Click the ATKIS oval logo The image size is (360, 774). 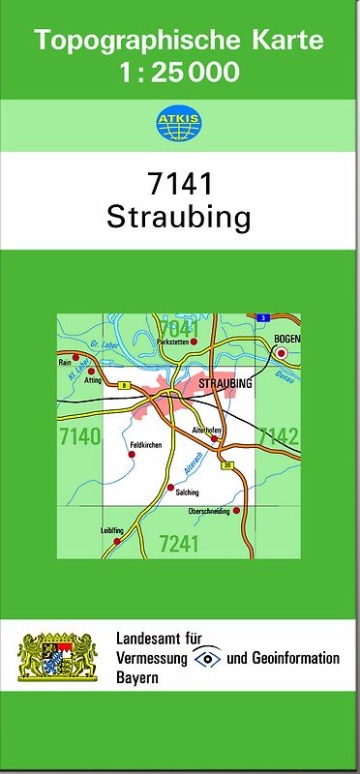180,123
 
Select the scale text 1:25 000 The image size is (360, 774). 180,72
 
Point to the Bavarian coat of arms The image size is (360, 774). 59,657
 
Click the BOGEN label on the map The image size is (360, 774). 287,338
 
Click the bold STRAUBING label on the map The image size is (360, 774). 224,384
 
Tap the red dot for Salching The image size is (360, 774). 170,487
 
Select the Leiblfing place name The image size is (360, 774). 111,530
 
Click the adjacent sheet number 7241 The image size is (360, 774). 178,544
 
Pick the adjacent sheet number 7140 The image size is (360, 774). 79,437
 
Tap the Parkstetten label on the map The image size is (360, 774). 175,342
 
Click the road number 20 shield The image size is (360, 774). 227,466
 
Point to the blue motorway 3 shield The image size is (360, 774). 261,317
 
